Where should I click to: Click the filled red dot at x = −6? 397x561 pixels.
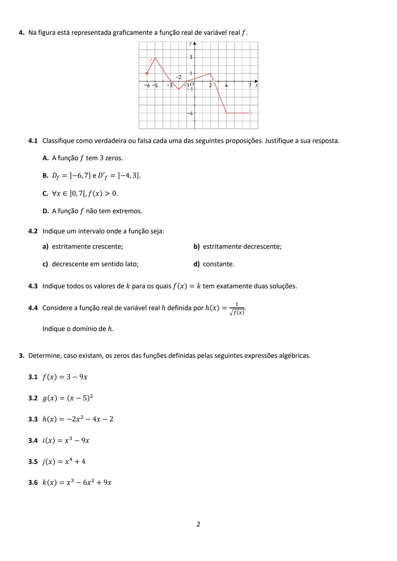click(x=147, y=73)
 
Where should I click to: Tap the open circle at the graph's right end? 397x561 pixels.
click(x=250, y=113)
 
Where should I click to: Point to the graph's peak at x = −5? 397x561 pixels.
click(x=155, y=58)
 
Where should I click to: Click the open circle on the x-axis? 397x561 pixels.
click(x=214, y=81)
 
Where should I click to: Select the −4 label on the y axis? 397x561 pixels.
click(x=190, y=114)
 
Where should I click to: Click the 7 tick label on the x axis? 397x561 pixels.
click(x=250, y=86)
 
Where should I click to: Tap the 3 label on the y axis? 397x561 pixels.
click(x=190, y=57)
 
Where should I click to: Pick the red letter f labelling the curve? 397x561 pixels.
click(x=150, y=60)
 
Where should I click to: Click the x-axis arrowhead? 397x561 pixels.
click(x=256, y=81)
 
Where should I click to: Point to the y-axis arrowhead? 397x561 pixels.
click(x=194, y=44)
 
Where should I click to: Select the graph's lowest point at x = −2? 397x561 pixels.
click(x=179, y=89)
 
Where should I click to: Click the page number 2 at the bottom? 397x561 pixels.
click(x=198, y=524)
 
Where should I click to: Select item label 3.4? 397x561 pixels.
click(x=33, y=440)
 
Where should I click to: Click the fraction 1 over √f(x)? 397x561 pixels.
click(x=237, y=309)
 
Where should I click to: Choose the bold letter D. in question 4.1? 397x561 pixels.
click(x=46, y=211)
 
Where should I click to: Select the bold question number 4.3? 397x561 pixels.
click(x=33, y=286)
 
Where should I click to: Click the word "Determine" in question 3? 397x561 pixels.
click(x=44, y=356)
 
